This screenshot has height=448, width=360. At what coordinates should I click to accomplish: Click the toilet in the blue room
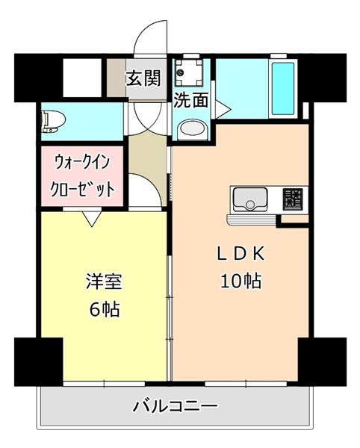(x=53, y=122)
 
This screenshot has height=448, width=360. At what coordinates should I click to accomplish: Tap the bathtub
(x=283, y=89)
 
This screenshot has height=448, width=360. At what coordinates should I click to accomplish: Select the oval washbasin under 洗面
(x=192, y=129)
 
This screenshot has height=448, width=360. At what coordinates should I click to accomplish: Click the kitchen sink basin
(x=250, y=199)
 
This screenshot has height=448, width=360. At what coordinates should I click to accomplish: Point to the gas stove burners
(x=293, y=199)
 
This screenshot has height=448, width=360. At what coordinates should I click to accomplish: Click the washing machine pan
(x=188, y=72)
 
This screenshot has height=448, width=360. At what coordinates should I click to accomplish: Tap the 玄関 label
(x=143, y=78)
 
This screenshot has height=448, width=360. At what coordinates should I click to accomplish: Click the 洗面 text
(x=191, y=100)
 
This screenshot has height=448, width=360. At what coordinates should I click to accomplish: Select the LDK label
(x=240, y=253)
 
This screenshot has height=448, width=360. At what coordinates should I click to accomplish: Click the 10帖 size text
(x=240, y=281)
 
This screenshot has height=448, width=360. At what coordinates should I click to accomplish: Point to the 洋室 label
(x=104, y=281)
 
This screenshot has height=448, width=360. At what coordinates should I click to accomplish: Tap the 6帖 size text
(x=105, y=309)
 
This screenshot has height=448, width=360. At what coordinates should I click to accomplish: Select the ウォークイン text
(x=83, y=162)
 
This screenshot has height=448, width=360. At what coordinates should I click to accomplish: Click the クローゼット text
(x=82, y=189)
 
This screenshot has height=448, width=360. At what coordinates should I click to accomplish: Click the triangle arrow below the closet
(x=92, y=219)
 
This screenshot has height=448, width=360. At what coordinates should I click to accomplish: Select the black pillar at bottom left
(x=39, y=362)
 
